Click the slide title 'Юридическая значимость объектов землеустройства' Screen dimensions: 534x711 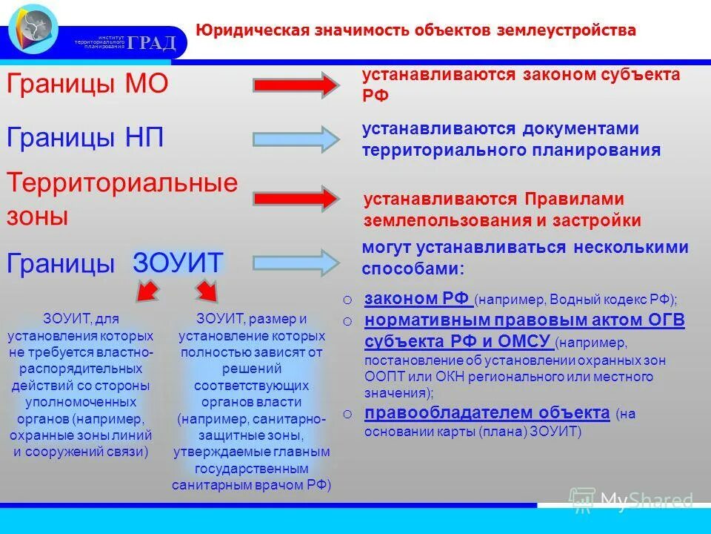click(415, 30)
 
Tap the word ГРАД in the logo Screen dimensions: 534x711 click(151, 42)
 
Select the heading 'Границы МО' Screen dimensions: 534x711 click(87, 84)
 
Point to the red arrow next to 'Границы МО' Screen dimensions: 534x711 click(295, 85)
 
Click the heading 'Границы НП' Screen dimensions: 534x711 click(85, 137)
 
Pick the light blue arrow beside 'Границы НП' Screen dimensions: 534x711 click(295, 139)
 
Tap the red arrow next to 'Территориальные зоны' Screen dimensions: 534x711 click(295, 199)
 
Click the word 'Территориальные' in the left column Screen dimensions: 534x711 click(122, 182)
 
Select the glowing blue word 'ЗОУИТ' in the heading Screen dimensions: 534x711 click(178, 263)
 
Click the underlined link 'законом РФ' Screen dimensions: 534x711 click(417, 299)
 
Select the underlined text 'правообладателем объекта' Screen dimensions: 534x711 click(487, 413)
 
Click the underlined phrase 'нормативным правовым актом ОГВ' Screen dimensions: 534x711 click(524, 320)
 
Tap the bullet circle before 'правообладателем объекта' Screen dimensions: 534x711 click(347, 414)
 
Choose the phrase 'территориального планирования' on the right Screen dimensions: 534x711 click(511, 151)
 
